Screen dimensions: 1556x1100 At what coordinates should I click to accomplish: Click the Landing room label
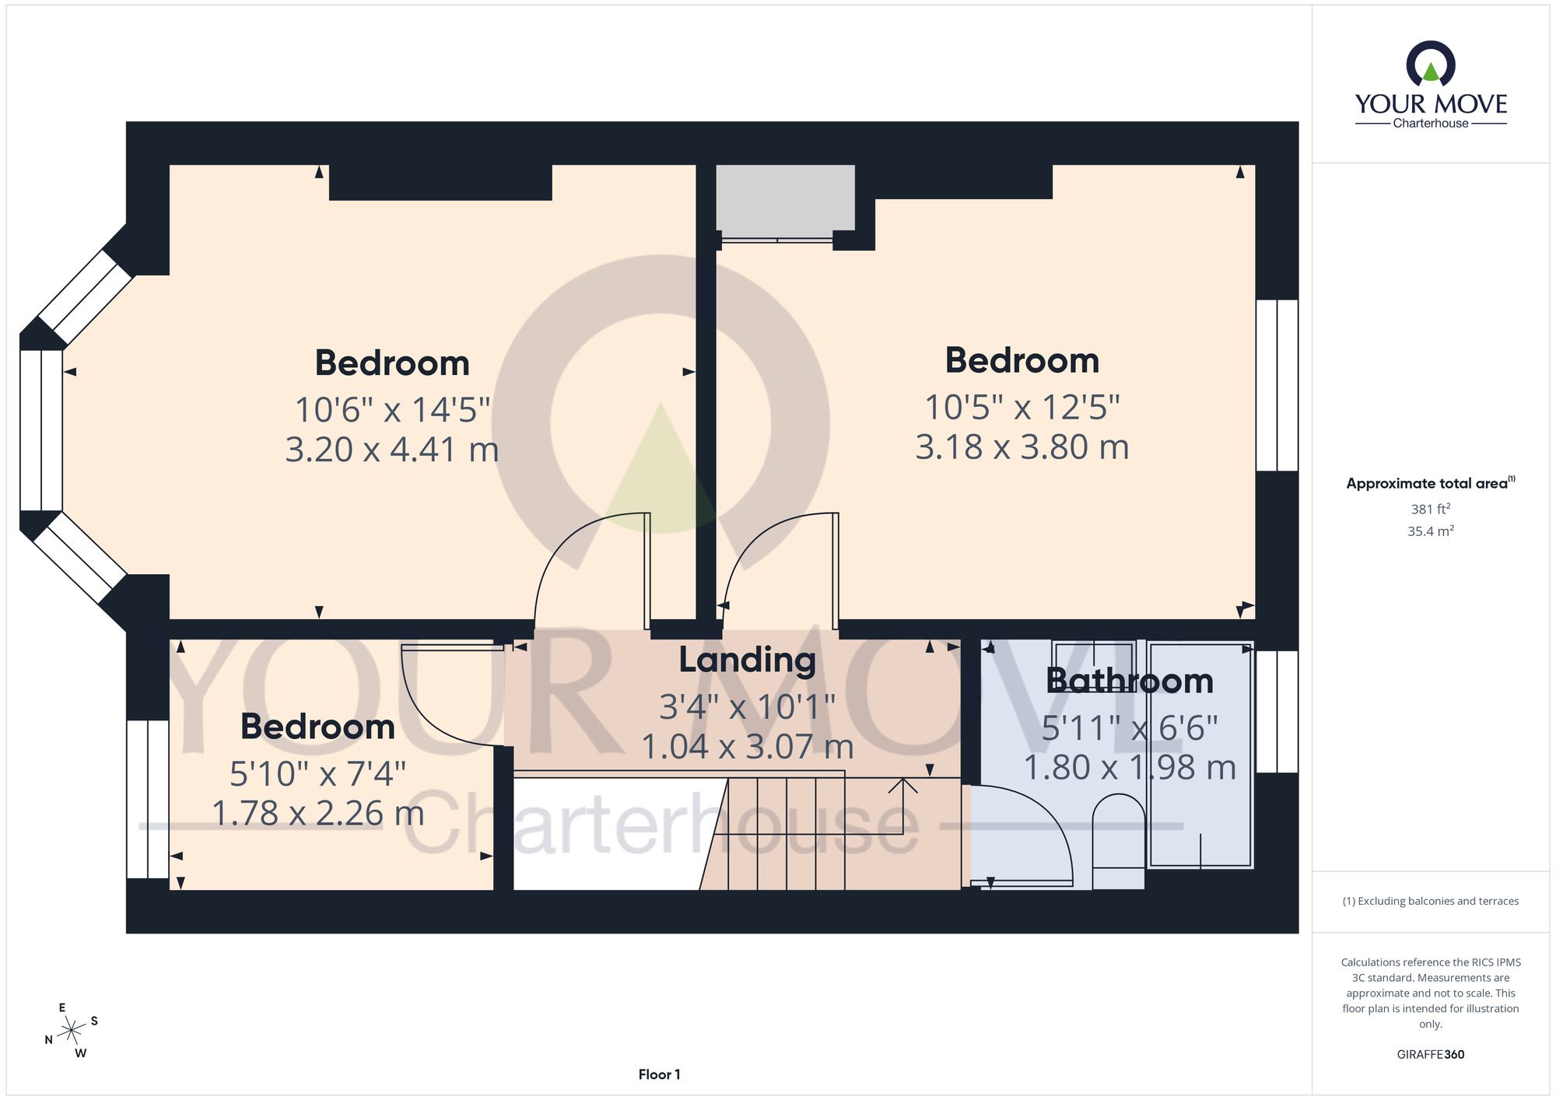pos(747,661)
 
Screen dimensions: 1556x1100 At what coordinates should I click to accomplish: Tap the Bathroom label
pos(1130,681)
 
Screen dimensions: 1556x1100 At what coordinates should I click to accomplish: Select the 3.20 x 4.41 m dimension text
pos(392,450)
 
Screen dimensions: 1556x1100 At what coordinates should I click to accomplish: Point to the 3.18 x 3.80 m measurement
pos(1022,447)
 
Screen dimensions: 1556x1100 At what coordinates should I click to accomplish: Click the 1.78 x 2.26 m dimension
pos(318,814)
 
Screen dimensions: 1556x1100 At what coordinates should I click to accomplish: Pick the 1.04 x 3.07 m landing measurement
pos(747,747)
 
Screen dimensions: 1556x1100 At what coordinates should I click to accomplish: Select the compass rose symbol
pos(72,1031)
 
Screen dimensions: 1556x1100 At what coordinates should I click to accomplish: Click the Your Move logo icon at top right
pos(1431,64)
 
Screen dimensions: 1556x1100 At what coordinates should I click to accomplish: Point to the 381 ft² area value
pos(1431,509)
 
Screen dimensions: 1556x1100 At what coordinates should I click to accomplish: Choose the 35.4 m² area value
pos(1431,531)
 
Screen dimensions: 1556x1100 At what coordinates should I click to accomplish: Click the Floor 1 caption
pos(659,1074)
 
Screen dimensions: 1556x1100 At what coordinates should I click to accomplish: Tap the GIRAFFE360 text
pos(1431,1055)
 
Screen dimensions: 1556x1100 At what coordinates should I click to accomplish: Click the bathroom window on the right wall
pos(1277,712)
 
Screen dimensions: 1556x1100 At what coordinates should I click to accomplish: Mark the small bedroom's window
pos(148,800)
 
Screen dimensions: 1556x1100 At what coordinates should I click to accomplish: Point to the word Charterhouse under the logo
pos(1431,123)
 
